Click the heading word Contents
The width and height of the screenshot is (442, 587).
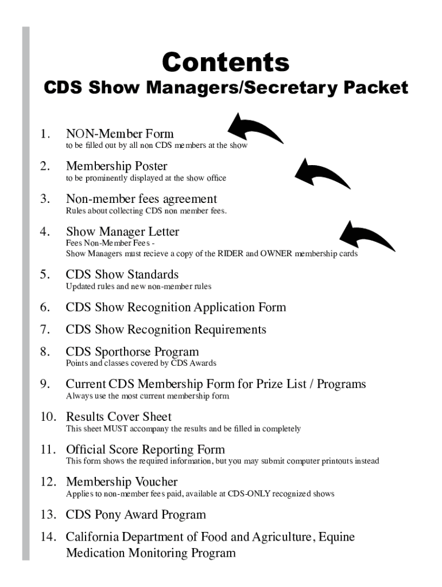(x=226, y=61)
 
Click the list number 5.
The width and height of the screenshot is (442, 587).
(x=44, y=275)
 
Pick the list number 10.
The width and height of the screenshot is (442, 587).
(x=47, y=417)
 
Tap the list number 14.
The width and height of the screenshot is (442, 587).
(x=47, y=537)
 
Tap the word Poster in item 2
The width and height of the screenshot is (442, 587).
(x=150, y=166)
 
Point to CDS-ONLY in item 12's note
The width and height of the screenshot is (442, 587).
(x=249, y=494)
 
